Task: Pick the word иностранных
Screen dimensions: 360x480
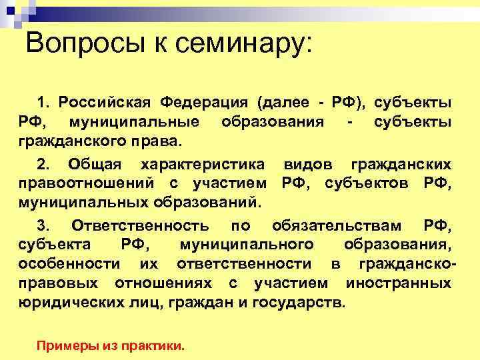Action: click(x=398, y=283)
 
